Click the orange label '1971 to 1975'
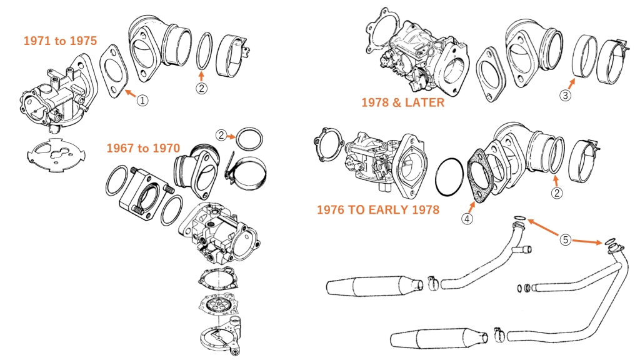pos(60,41)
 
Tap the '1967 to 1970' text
pos(143,148)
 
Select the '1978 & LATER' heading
pos(402,102)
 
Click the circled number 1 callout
pos(142,100)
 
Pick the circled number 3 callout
pos(564,96)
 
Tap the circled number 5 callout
pos(564,239)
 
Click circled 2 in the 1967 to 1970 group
pos(221,134)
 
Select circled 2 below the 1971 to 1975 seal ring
pos(201,88)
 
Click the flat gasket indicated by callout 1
pos(113,72)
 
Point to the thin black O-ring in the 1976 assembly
pos(448,177)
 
